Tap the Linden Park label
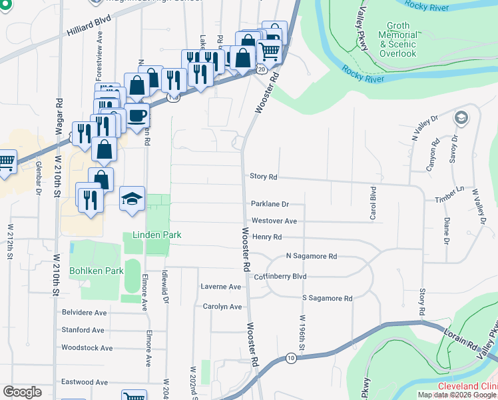[157, 235]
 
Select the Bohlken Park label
[96, 271]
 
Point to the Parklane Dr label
[270, 204]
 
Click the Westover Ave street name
[274, 221]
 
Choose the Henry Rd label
[267, 237]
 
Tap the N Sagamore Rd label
[311, 256]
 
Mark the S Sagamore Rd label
[326, 299]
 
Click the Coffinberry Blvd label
[280, 276]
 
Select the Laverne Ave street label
[220, 287]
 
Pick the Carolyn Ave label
[222, 307]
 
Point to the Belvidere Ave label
[84, 312]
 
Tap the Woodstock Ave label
[83, 347]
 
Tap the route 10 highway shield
[291, 358]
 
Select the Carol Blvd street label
[373, 203]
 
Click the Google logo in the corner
[22, 392]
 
